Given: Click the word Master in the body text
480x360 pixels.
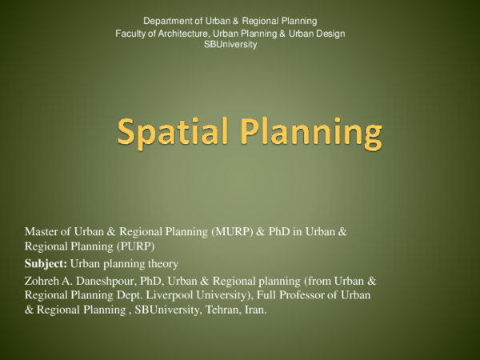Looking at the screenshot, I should (x=42, y=232).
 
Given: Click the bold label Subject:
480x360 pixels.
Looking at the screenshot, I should (x=46, y=263).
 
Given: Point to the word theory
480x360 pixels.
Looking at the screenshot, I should (x=162, y=263).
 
